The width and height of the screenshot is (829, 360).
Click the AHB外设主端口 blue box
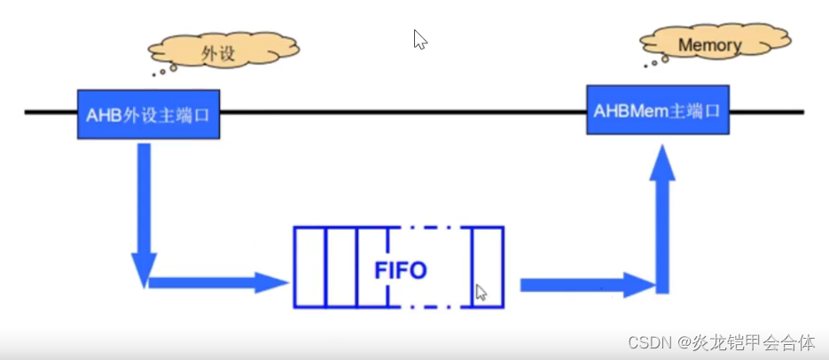click(148, 114)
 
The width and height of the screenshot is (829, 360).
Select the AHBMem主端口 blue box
click(657, 109)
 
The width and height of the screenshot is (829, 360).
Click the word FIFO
click(400, 268)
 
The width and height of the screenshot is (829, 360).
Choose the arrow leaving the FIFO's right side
click(586, 285)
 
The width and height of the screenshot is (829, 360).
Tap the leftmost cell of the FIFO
click(309, 268)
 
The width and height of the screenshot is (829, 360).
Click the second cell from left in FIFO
click(340, 268)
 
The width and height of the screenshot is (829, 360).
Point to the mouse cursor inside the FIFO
click(480, 292)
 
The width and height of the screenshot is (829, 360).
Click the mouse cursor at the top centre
click(419, 39)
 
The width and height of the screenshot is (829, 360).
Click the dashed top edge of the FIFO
click(430, 228)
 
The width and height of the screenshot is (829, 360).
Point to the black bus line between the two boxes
click(399, 113)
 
